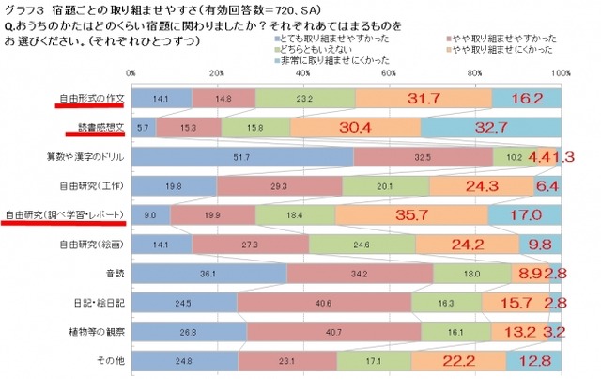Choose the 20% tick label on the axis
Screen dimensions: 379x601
pos(216,72)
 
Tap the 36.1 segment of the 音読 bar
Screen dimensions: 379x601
pos(208,274)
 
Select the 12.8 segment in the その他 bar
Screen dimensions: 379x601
pos(533,361)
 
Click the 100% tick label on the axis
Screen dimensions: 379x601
pos(561,72)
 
